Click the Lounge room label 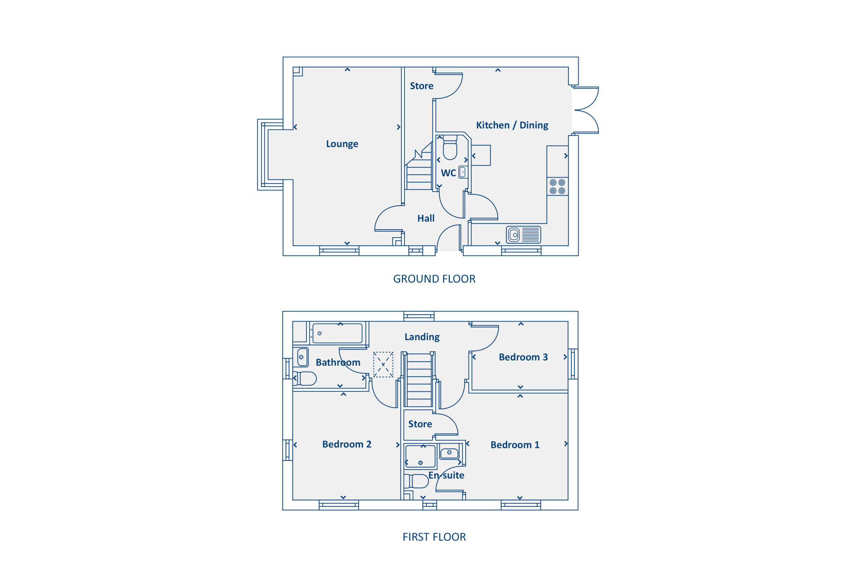(342, 144)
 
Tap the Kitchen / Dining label (512, 125)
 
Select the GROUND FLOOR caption (434, 279)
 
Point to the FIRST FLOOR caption (434, 537)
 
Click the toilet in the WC (450, 147)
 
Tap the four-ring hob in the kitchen (557, 186)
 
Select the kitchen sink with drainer (524, 235)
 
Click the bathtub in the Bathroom (337, 333)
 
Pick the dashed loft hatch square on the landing (383, 364)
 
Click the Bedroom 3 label (523, 357)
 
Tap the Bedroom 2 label (347, 444)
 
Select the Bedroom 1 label (515, 445)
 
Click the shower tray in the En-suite (420, 456)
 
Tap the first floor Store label (420, 424)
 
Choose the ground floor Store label (422, 86)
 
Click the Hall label (426, 218)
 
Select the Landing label (422, 337)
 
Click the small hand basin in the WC (463, 172)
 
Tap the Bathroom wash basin (302, 357)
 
